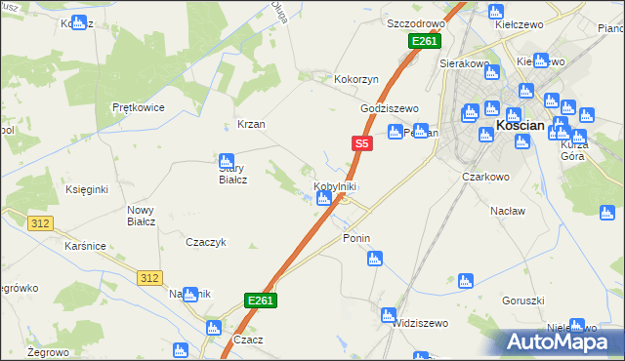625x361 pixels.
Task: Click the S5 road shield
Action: click(361, 143)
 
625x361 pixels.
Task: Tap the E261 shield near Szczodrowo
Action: click(425, 41)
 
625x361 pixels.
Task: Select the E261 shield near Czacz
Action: click(261, 301)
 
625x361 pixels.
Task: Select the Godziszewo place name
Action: click(389, 108)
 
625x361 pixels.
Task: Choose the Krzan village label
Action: click(251, 125)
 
